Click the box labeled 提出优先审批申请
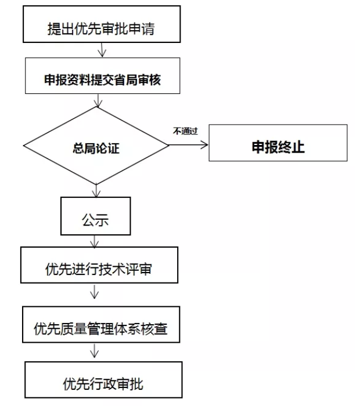click(102, 24)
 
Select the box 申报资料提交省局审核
click(102, 75)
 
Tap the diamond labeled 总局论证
click(96, 146)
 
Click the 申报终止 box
click(278, 143)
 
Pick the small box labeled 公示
click(96, 216)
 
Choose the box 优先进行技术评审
click(99, 265)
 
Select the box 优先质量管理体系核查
click(101, 325)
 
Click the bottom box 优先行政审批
click(103, 380)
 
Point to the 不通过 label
click(185, 131)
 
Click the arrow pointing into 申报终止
click(189, 145)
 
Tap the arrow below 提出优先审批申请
click(102, 50)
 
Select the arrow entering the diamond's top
click(98, 100)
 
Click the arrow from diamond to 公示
click(96, 191)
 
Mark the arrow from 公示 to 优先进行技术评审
click(94, 241)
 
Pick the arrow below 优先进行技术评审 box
click(94, 292)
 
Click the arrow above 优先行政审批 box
click(94, 351)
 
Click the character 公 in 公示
click(89, 220)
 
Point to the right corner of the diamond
click(169, 145)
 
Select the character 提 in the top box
click(54, 28)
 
